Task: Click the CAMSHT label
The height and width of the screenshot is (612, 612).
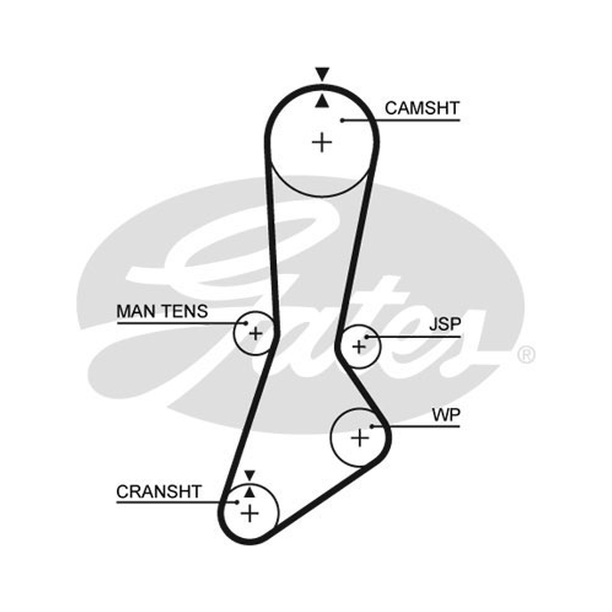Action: click(422, 108)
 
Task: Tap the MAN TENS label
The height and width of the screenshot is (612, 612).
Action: click(162, 311)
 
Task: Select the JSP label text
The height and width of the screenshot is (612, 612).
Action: click(445, 324)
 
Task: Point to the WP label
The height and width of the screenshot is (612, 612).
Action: click(446, 415)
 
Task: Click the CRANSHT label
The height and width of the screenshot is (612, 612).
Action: click(159, 491)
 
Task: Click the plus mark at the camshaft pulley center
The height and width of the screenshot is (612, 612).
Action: click(322, 142)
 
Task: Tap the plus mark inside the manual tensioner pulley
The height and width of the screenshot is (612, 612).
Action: click(256, 334)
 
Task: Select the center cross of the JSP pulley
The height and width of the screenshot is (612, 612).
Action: click(359, 347)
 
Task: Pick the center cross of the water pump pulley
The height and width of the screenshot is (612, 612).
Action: click(360, 438)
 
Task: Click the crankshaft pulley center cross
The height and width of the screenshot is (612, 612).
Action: click(250, 513)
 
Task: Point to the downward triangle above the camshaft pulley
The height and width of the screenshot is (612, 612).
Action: click(322, 73)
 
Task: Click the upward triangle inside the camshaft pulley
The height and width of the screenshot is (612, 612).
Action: click(322, 101)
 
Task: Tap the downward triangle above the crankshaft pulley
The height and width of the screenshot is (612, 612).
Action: click(250, 475)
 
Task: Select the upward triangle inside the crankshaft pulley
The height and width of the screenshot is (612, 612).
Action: click(250, 492)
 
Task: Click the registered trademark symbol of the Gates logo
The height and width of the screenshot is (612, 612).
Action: click(526, 355)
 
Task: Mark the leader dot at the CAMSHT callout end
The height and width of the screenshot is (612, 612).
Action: click(342, 120)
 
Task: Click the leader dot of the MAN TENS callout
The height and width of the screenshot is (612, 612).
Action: click(246, 323)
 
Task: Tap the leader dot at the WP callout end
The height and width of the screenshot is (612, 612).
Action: click(372, 426)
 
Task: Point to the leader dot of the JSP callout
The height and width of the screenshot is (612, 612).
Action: click(367, 337)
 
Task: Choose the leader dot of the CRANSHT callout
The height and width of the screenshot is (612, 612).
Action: click(236, 503)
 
